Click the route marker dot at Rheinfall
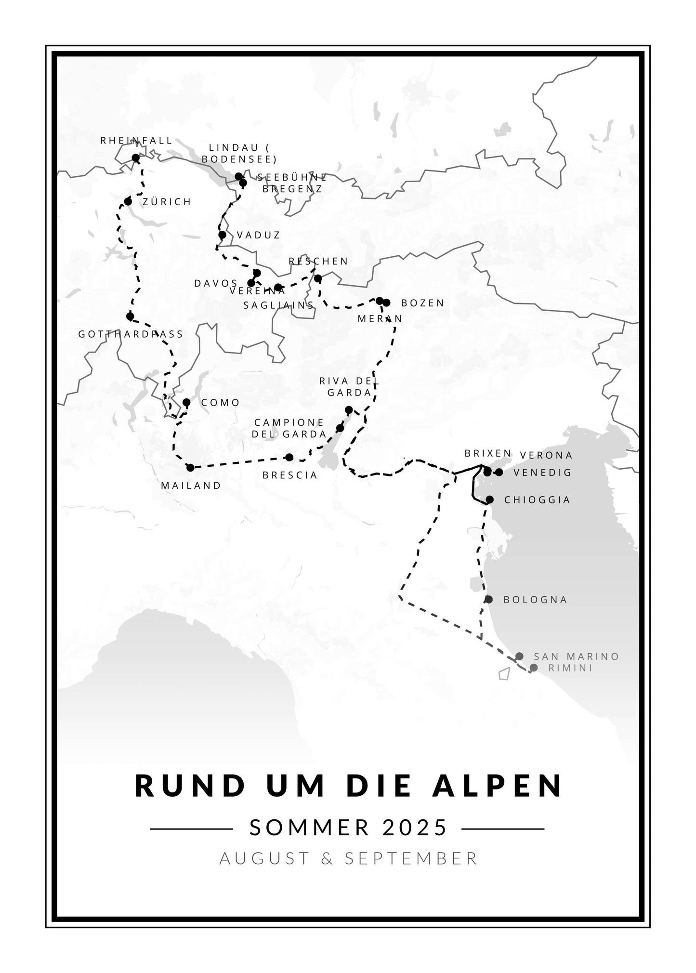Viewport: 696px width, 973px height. pos(135,158)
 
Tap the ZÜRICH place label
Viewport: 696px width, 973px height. pos(167,202)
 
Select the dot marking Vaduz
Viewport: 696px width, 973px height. pos(222,235)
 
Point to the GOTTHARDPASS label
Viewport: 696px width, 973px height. pos(131,334)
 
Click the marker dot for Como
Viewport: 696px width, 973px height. pos(186,402)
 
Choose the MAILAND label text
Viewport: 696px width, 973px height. pos(191,486)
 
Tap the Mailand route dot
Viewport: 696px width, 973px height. pos(190,467)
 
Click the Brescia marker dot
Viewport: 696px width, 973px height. pos(289,457)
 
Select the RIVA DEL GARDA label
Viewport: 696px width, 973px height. pos(349,387)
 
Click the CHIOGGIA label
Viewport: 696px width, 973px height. pos(537,500)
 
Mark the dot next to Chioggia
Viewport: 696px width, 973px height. pos(490,500)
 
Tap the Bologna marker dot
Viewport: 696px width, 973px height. pos(489,599)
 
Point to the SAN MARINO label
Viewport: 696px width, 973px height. pos(576,657)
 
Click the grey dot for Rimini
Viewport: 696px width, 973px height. pos(534,668)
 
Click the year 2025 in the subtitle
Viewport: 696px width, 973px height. pos(415,828)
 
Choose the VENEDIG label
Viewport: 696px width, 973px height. pos(542,473)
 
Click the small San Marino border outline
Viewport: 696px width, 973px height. pos(504,673)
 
